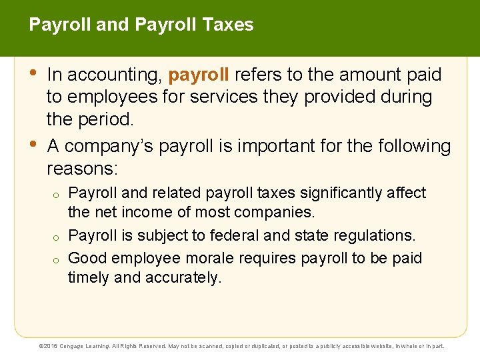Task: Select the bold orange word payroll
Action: click(199, 75)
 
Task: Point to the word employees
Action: click(108, 97)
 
